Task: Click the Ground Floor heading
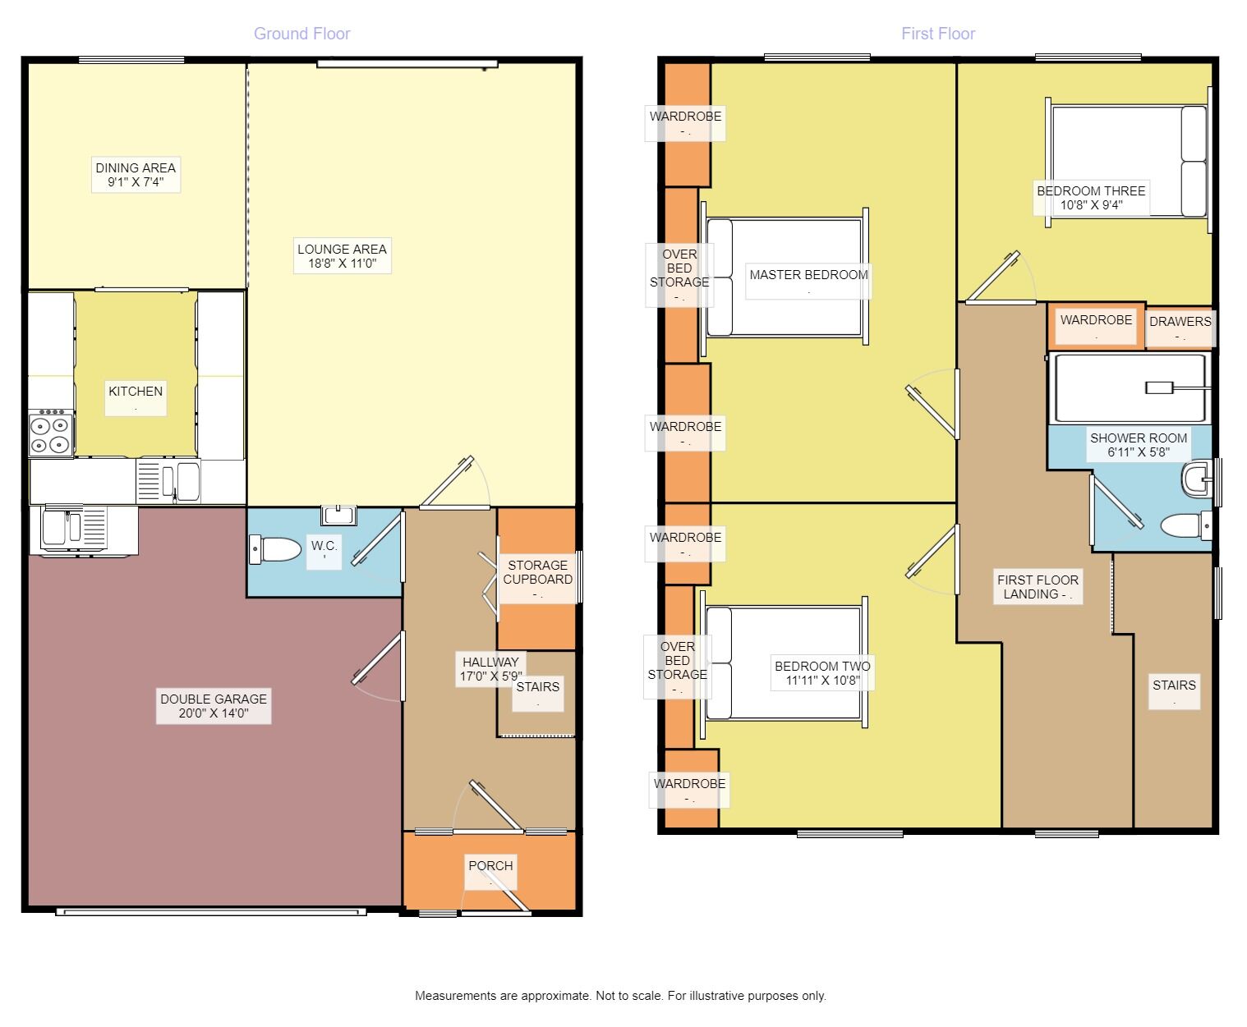tap(301, 34)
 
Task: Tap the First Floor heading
tap(937, 34)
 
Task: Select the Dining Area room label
tap(136, 175)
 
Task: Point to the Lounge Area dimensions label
tap(343, 264)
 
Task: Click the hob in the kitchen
tap(51, 433)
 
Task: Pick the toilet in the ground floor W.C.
tap(274, 549)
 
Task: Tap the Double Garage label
tap(214, 706)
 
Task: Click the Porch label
tap(490, 866)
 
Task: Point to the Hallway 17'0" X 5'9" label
tap(490, 670)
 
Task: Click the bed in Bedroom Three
tap(1128, 161)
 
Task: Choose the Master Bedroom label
tap(808, 275)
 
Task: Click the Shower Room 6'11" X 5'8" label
tap(1139, 445)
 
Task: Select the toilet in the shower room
tap(1186, 525)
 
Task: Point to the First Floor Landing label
tap(1038, 587)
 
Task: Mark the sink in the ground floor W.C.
tap(338, 515)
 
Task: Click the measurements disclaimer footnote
tap(620, 996)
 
